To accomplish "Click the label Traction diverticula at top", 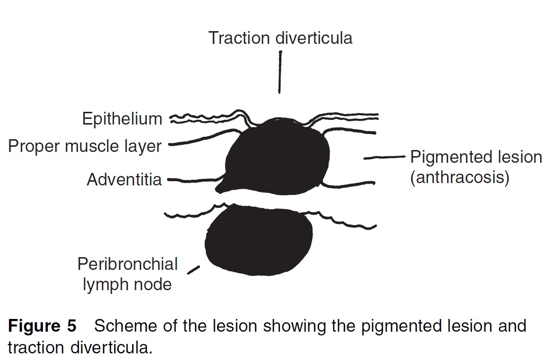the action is (x=280, y=38).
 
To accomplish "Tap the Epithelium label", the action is (x=122, y=119).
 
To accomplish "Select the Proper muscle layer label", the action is (x=85, y=146).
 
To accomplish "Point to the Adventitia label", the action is (x=124, y=179).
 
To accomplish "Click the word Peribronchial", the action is (x=127, y=264).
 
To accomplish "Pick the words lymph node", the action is (x=127, y=285).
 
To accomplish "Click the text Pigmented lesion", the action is (x=476, y=157).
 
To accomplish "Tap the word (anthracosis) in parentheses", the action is (x=459, y=177).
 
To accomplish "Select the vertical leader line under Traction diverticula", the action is (x=280, y=72).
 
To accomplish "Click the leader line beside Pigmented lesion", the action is (x=384, y=158).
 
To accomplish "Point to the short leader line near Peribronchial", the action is (x=193, y=270).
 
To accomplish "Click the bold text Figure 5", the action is (x=42, y=326).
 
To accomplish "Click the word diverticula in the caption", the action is (x=111, y=347).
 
